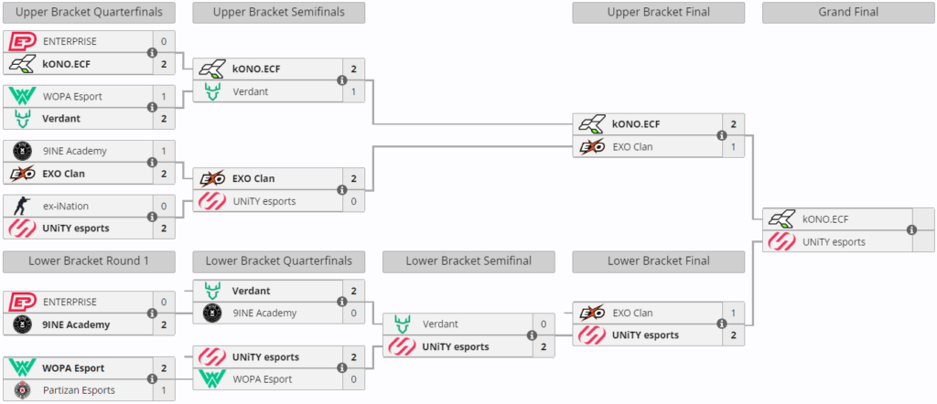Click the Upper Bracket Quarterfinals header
tap(89, 13)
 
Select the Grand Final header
tap(848, 13)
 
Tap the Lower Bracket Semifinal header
tap(468, 261)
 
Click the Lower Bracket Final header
tap(659, 261)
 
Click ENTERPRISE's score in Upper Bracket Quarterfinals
tap(164, 42)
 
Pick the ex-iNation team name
tap(66, 206)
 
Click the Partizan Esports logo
tap(23, 390)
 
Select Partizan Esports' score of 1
tap(164, 390)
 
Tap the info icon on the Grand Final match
tap(911, 229)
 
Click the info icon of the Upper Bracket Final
tap(721, 135)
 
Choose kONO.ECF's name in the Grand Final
tap(825, 219)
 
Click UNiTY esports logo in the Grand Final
tap(781, 241)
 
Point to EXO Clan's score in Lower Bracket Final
tap(733, 313)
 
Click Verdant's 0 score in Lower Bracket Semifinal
tap(544, 324)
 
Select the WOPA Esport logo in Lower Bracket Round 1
tap(23, 367)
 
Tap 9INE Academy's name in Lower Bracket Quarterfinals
tap(264, 313)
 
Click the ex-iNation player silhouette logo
tap(23, 206)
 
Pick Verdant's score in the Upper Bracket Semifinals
tap(354, 91)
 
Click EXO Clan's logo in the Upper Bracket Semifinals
tap(212, 178)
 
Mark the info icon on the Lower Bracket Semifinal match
tap(532, 335)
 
